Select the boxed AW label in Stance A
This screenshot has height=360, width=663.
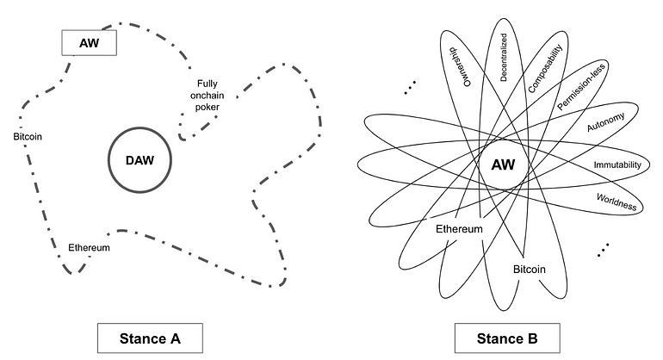(89, 40)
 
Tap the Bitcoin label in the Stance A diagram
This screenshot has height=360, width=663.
(28, 136)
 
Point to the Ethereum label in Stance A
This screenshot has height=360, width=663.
(89, 248)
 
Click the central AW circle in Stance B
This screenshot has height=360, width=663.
(504, 164)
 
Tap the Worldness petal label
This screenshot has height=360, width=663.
(615, 202)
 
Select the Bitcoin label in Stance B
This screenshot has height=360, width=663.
(530, 269)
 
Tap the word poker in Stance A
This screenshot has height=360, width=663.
(207, 107)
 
